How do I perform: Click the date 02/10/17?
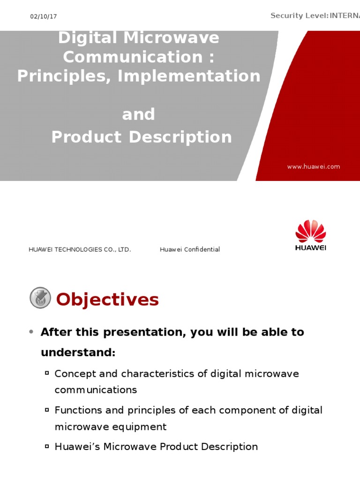[x=44, y=16]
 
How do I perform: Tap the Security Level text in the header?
[x=315, y=16]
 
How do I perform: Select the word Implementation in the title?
[x=189, y=75]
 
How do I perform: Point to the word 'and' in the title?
[x=138, y=114]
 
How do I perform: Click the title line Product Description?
[x=141, y=137]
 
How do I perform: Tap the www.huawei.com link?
[x=314, y=166]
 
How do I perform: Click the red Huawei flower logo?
[x=310, y=232]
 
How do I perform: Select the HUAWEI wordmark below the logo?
[x=310, y=247]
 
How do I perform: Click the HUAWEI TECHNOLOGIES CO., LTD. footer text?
[x=80, y=249]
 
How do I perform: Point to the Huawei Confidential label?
[x=190, y=249]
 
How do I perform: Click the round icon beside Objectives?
[x=40, y=298]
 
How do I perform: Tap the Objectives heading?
[x=107, y=300]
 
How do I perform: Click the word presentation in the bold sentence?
[x=139, y=332]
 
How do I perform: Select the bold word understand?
[x=78, y=352]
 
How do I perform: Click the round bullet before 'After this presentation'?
[x=31, y=332]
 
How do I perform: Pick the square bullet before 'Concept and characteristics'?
[x=47, y=373]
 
